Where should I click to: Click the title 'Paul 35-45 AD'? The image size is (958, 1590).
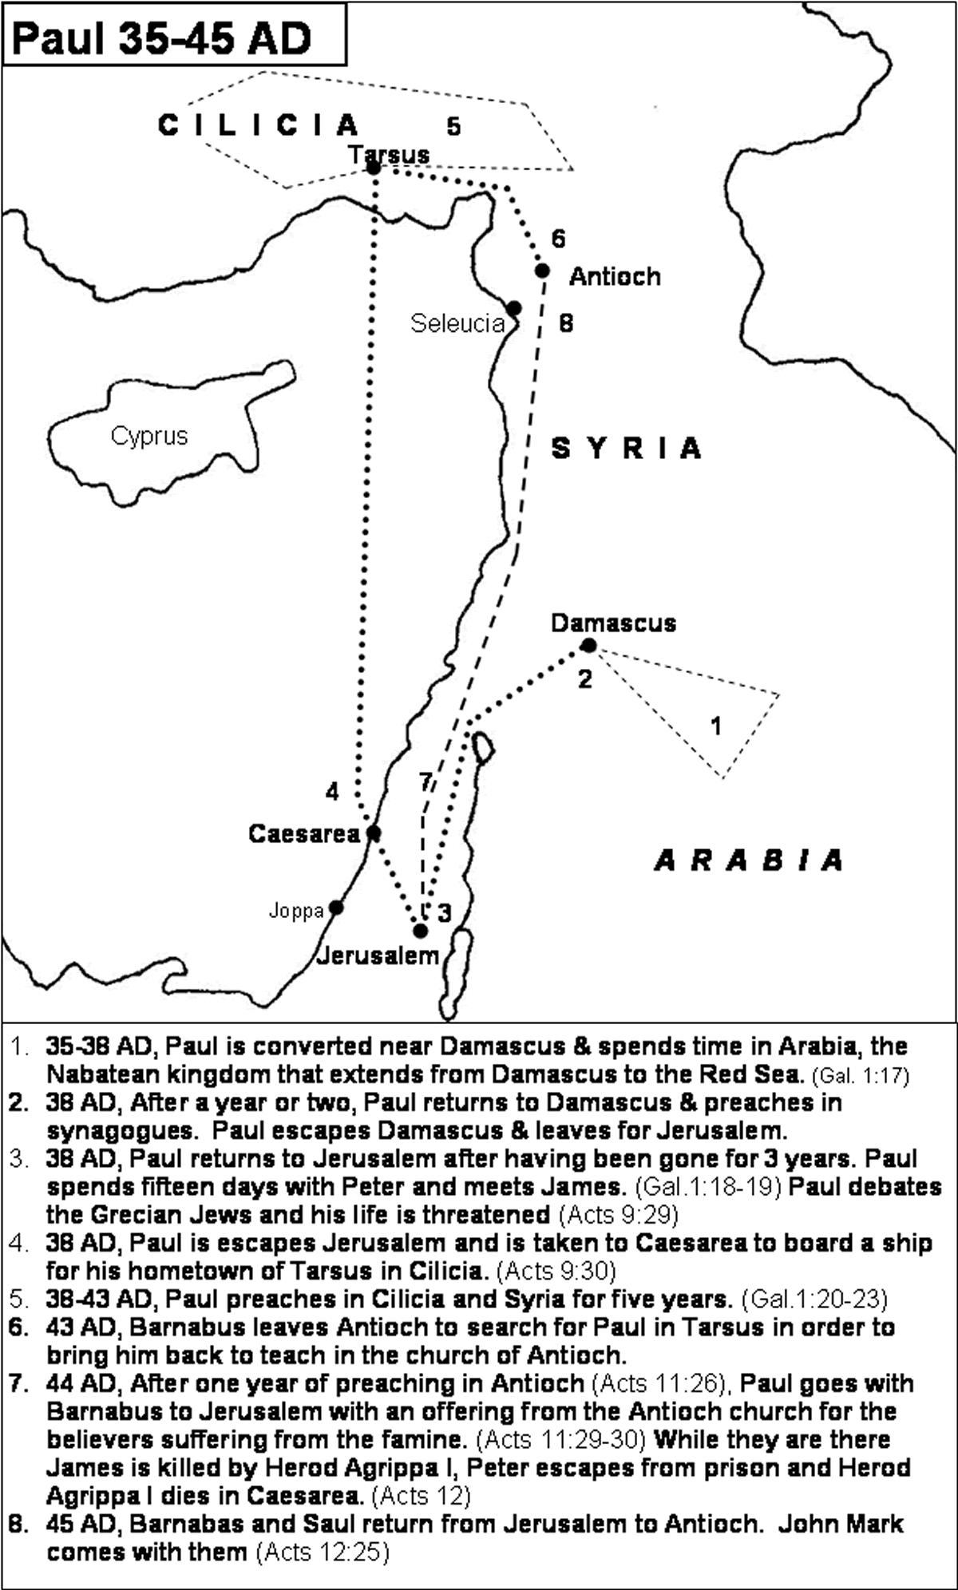(162, 38)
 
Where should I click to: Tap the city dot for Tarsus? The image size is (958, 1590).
(373, 168)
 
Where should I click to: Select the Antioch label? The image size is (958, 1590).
(615, 277)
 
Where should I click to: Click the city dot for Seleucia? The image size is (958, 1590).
(514, 308)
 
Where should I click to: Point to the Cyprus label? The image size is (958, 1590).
(149, 436)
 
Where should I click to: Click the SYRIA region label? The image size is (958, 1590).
(627, 449)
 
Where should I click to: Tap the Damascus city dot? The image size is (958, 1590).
(588, 646)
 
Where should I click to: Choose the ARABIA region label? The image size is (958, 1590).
(749, 860)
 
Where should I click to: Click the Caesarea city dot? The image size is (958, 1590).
(373, 833)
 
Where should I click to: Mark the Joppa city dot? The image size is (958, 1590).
(337, 908)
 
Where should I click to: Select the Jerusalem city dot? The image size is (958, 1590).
(420, 931)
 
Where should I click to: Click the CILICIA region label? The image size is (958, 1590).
(259, 125)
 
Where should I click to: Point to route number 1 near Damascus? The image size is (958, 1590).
(716, 726)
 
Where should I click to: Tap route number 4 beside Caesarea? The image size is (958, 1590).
(332, 791)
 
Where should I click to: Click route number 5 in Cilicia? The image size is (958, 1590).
(453, 126)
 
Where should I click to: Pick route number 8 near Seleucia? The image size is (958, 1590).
(566, 323)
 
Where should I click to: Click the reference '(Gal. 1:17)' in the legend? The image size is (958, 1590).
(860, 1076)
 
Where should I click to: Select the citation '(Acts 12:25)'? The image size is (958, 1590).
(322, 1552)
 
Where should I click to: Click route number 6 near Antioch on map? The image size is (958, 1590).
(558, 239)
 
